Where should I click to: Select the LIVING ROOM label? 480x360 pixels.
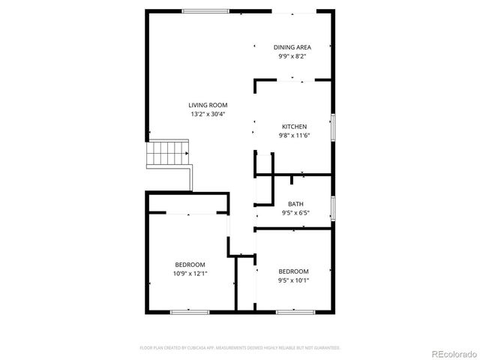208,105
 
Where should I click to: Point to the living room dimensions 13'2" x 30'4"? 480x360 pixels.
208,114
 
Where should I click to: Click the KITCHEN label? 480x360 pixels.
294,126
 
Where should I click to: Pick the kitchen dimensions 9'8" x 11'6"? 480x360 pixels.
294,135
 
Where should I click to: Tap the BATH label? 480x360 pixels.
295,204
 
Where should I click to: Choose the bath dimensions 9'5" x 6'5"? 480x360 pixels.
295,213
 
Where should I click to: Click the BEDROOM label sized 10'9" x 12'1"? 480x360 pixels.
190,265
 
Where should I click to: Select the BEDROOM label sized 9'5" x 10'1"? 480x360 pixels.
293,271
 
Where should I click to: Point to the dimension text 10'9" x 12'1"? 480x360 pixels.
190,274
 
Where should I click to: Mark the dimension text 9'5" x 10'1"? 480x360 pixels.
293,280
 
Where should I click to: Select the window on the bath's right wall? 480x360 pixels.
334,208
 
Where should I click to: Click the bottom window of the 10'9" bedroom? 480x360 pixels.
189,311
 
